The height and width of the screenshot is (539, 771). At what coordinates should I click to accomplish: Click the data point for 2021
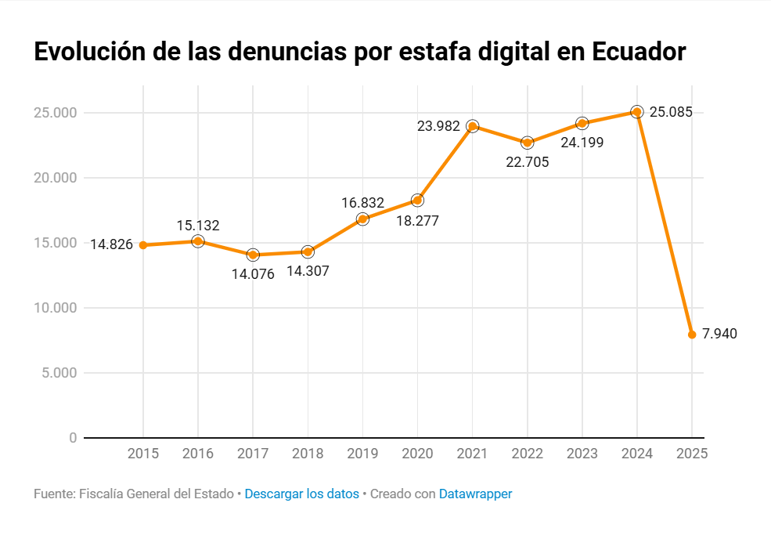(x=472, y=126)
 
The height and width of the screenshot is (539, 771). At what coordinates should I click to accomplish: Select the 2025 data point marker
(x=692, y=335)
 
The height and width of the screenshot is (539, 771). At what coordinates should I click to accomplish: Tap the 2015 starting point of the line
(x=143, y=245)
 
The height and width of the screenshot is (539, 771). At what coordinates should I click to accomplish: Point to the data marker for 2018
(x=308, y=251)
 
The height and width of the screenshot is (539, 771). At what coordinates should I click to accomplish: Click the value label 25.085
(x=671, y=112)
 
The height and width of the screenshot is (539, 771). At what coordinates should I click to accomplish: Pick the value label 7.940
(x=719, y=334)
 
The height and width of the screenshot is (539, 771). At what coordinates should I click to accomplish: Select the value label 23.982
(x=438, y=125)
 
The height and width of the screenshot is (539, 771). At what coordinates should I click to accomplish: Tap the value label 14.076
(x=253, y=274)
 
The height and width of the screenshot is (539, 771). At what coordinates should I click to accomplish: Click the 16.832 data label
(x=362, y=203)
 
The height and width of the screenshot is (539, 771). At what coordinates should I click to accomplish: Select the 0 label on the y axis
(x=72, y=438)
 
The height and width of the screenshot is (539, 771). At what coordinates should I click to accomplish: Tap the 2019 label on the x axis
(x=362, y=454)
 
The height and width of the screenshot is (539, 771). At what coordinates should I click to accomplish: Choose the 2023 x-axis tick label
(x=582, y=454)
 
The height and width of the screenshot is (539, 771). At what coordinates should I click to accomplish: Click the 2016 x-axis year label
(x=198, y=454)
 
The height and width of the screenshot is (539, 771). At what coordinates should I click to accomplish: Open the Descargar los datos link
(x=301, y=494)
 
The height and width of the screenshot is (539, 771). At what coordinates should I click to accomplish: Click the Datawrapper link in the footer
(x=475, y=494)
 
